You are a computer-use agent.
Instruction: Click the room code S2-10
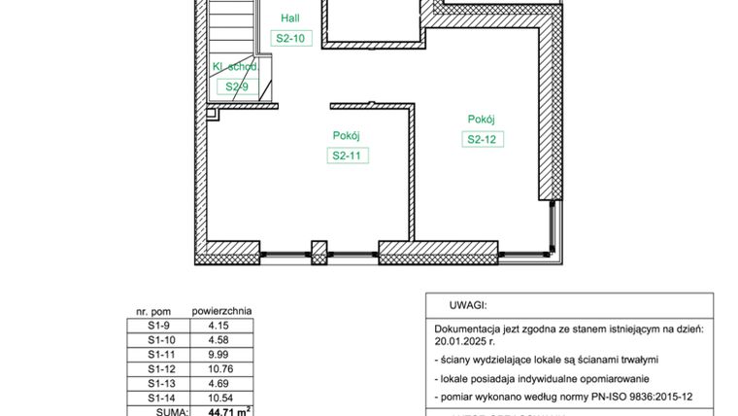290,39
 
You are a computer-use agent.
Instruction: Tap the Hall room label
290,18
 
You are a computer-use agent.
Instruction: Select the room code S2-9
237,87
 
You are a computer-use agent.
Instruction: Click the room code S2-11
348,156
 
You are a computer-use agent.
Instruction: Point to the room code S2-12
483,139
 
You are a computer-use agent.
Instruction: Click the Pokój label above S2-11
347,136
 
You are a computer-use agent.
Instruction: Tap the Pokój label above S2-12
482,119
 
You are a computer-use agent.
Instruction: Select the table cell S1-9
158,326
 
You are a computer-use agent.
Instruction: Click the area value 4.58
218,340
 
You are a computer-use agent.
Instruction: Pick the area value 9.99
218,355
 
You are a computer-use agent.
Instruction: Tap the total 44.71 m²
228,411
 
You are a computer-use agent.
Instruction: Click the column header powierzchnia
221,312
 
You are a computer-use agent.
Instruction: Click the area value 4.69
218,384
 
